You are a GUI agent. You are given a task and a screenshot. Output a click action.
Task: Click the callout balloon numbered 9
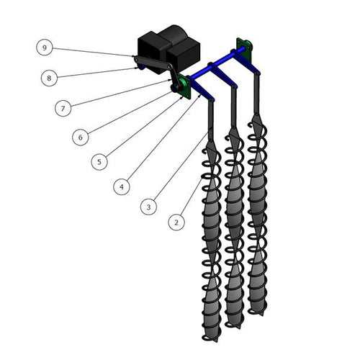tap(45, 48)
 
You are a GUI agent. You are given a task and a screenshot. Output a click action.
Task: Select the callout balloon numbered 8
tap(49, 78)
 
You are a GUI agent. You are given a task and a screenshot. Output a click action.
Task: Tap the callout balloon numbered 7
tap(63, 109)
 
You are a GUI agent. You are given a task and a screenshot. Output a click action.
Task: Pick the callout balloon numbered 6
tap(81, 137)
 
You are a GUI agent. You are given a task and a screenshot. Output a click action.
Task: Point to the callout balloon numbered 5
tap(99, 162)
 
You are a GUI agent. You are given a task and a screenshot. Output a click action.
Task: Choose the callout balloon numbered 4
tap(122, 186)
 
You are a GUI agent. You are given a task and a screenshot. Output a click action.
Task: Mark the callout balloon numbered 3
tap(149, 207)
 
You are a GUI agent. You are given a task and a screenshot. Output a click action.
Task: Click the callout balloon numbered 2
tap(176, 222)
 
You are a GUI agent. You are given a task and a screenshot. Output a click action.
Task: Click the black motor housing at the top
tap(168, 49)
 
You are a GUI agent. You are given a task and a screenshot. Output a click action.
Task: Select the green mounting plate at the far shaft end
tap(244, 50)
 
